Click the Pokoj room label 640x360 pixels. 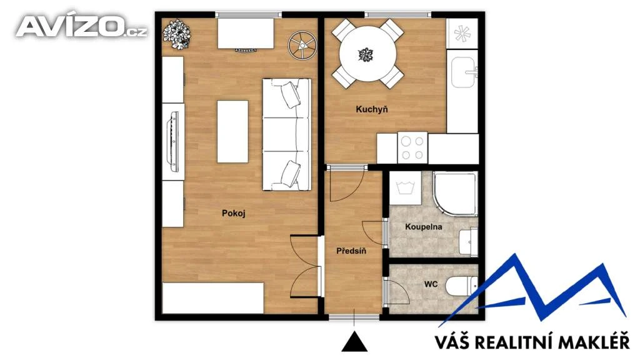[x=234, y=213]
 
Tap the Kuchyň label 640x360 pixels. [x=372, y=109]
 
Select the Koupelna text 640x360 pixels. [x=423, y=227]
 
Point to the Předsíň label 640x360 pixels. [x=351, y=251]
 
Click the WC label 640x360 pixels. [x=431, y=284]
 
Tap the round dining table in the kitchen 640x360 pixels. [x=367, y=54]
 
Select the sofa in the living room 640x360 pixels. [x=286, y=135]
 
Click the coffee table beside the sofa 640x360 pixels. [x=232, y=131]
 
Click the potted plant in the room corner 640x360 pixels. [x=177, y=34]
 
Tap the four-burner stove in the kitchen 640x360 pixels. [x=412, y=147]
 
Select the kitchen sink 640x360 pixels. [x=463, y=72]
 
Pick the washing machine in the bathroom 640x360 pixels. [x=405, y=188]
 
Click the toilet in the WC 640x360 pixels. [x=461, y=286]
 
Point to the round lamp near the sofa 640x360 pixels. [x=302, y=45]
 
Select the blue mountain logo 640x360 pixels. [x=532, y=290]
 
